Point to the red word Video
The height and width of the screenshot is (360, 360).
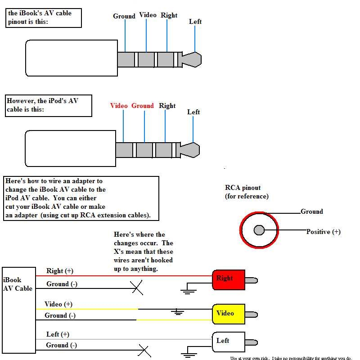[119, 106]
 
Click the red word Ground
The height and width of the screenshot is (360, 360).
[143, 106]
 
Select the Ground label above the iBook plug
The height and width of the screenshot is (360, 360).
[124, 16]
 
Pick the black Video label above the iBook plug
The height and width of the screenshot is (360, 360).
[148, 15]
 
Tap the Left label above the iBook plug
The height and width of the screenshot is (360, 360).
[195, 22]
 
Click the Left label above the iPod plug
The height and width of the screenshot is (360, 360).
[193, 112]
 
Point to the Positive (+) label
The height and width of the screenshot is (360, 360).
[323, 232]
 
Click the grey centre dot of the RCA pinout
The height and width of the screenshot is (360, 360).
[259, 230]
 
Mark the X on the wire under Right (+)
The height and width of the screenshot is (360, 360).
[137, 288]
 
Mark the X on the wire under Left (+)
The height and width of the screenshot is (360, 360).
[144, 350]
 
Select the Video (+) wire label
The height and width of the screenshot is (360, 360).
[58, 304]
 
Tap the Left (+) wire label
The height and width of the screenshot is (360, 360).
[58, 334]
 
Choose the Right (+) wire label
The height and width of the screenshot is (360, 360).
[59, 271]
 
